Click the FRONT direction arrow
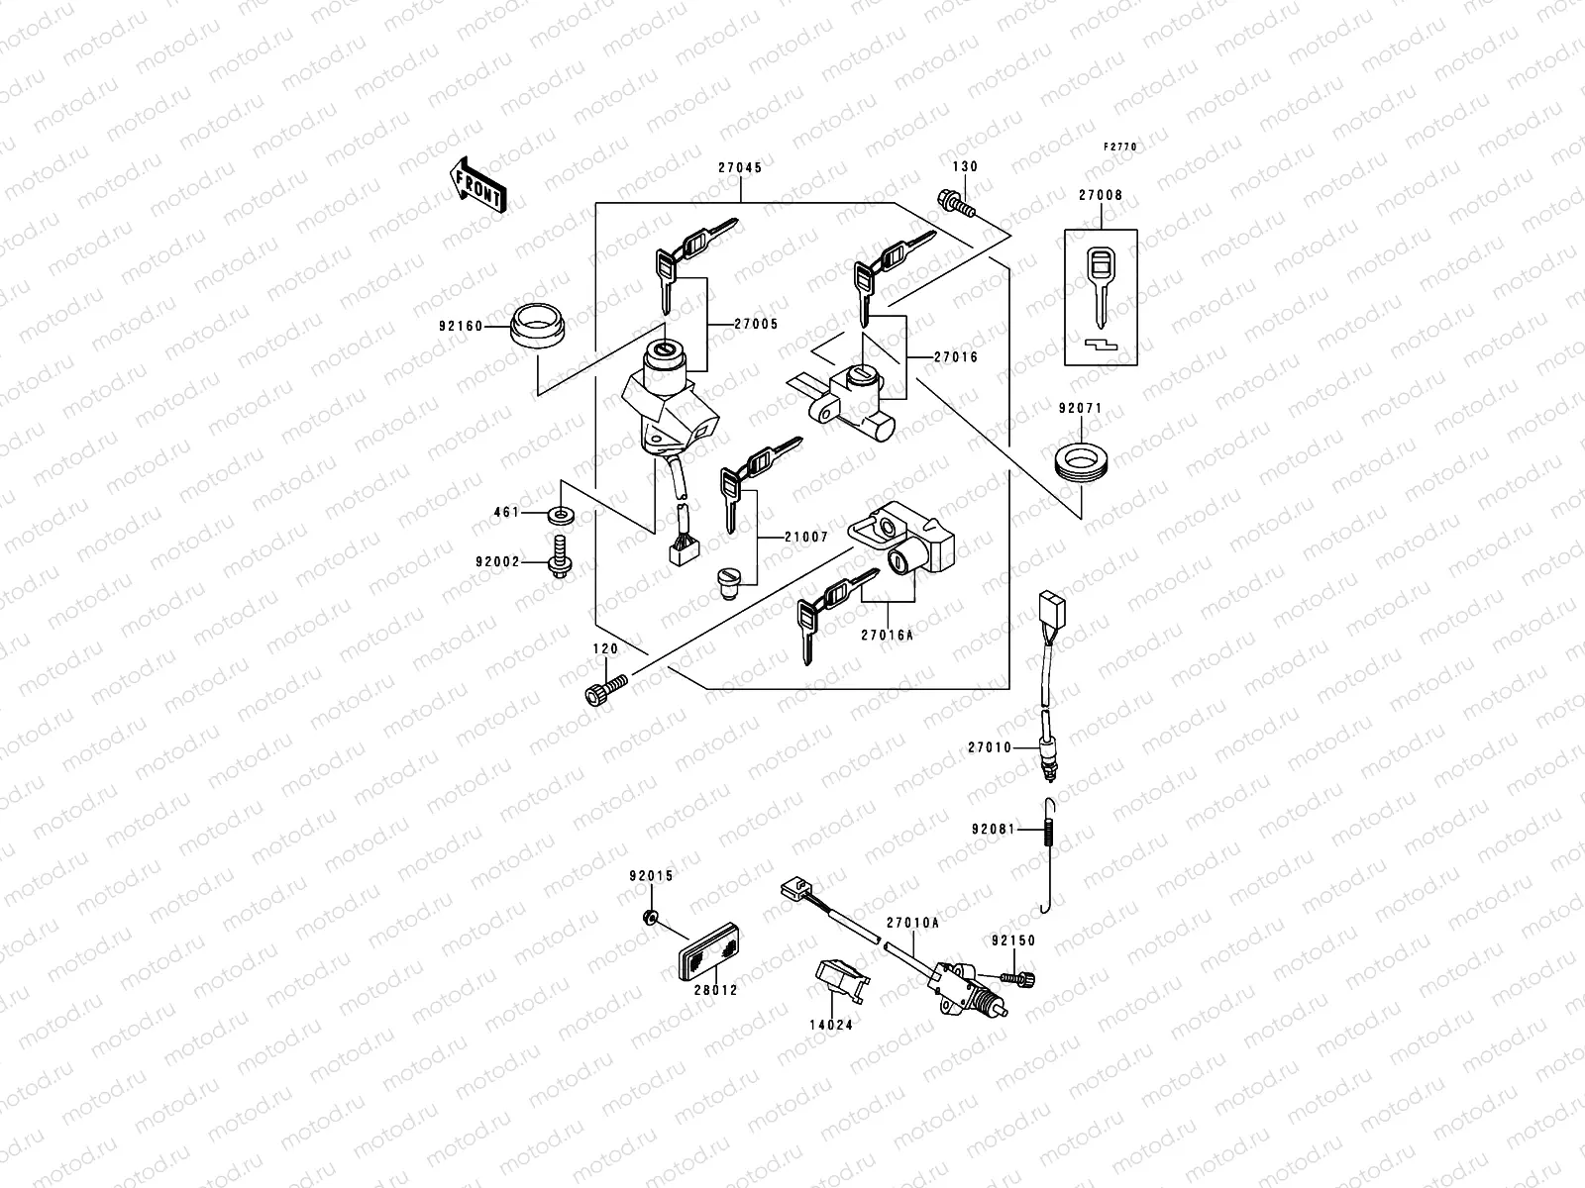[x=477, y=184]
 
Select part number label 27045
[x=740, y=168]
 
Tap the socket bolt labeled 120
[x=604, y=690]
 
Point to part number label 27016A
[x=887, y=636]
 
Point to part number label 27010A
[x=912, y=923]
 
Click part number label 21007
[x=805, y=537]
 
